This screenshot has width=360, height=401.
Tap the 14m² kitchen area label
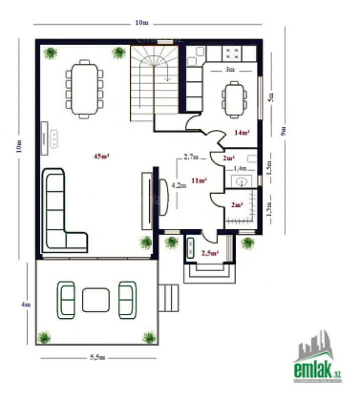(242, 133)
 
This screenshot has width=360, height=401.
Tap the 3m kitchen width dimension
(230, 70)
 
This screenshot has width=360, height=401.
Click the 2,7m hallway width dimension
(191, 157)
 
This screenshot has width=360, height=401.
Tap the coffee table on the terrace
(96, 300)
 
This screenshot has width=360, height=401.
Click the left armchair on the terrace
(66, 300)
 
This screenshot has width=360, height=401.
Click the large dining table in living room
(84, 89)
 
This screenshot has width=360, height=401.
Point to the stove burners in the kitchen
(232, 53)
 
